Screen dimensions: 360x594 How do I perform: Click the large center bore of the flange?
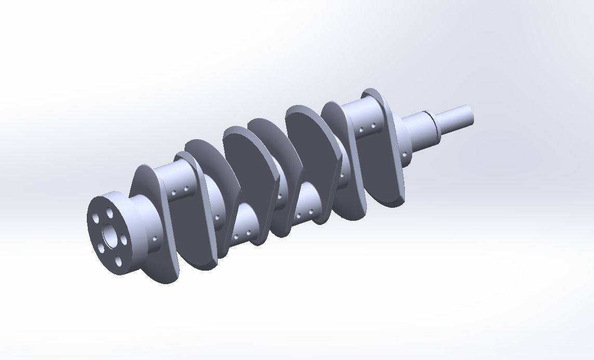(x=110, y=235)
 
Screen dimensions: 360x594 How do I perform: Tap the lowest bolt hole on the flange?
(x=118, y=261)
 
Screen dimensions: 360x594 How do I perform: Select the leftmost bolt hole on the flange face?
(x=96, y=219)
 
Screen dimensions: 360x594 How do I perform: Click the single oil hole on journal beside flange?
(x=155, y=238)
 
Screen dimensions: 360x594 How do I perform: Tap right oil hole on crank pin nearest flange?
(x=186, y=190)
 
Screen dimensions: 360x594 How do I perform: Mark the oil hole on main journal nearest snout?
(x=342, y=176)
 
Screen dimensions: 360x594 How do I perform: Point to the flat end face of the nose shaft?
(x=472, y=114)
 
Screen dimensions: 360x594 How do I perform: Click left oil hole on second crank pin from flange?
(x=236, y=236)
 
